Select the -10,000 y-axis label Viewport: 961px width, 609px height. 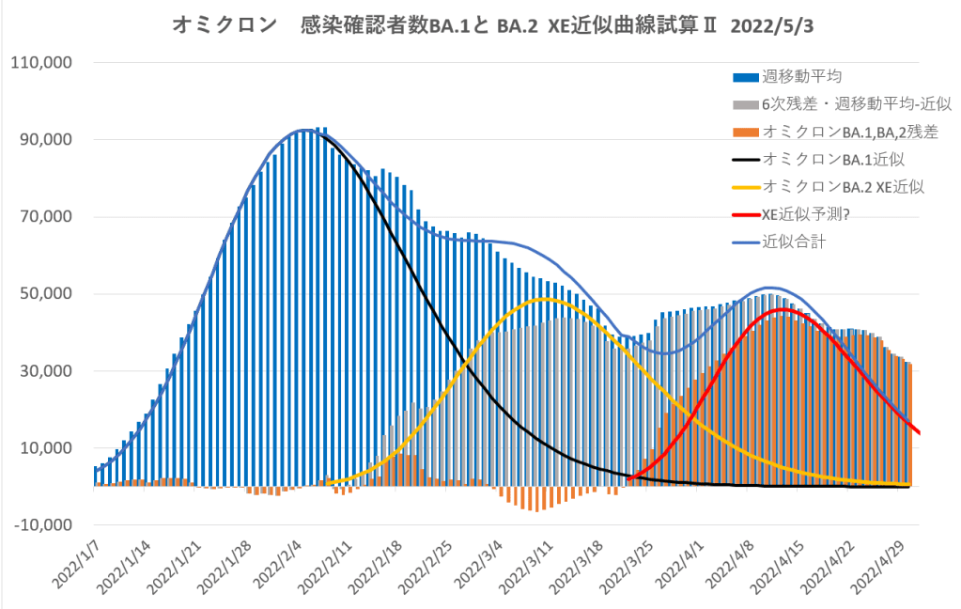coord(40,524)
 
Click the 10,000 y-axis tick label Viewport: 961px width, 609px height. coord(44,447)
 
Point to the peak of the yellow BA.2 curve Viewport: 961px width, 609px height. coord(543,299)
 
